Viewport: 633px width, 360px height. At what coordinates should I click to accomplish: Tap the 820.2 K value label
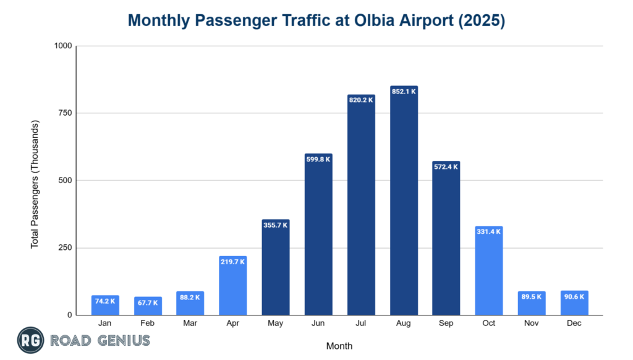tap(361, 100)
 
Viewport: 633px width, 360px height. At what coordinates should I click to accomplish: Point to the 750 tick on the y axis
tap(64, 113)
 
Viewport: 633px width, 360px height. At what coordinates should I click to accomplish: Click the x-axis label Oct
tap(489, 324)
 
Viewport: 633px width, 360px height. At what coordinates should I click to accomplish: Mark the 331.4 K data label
tap(489, 231)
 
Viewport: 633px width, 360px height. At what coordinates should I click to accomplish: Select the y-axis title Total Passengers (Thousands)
tap(35, 185)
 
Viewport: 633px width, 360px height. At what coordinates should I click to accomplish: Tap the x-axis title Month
tap(339, 346)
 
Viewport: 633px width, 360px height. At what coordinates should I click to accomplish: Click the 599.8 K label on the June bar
tap(318, 159)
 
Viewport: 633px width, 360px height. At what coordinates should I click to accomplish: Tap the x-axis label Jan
tap(105, 324)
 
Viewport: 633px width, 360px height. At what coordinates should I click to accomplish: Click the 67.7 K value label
tap(148, 303)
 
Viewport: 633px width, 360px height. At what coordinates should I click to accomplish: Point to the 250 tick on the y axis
tap(64, 248)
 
